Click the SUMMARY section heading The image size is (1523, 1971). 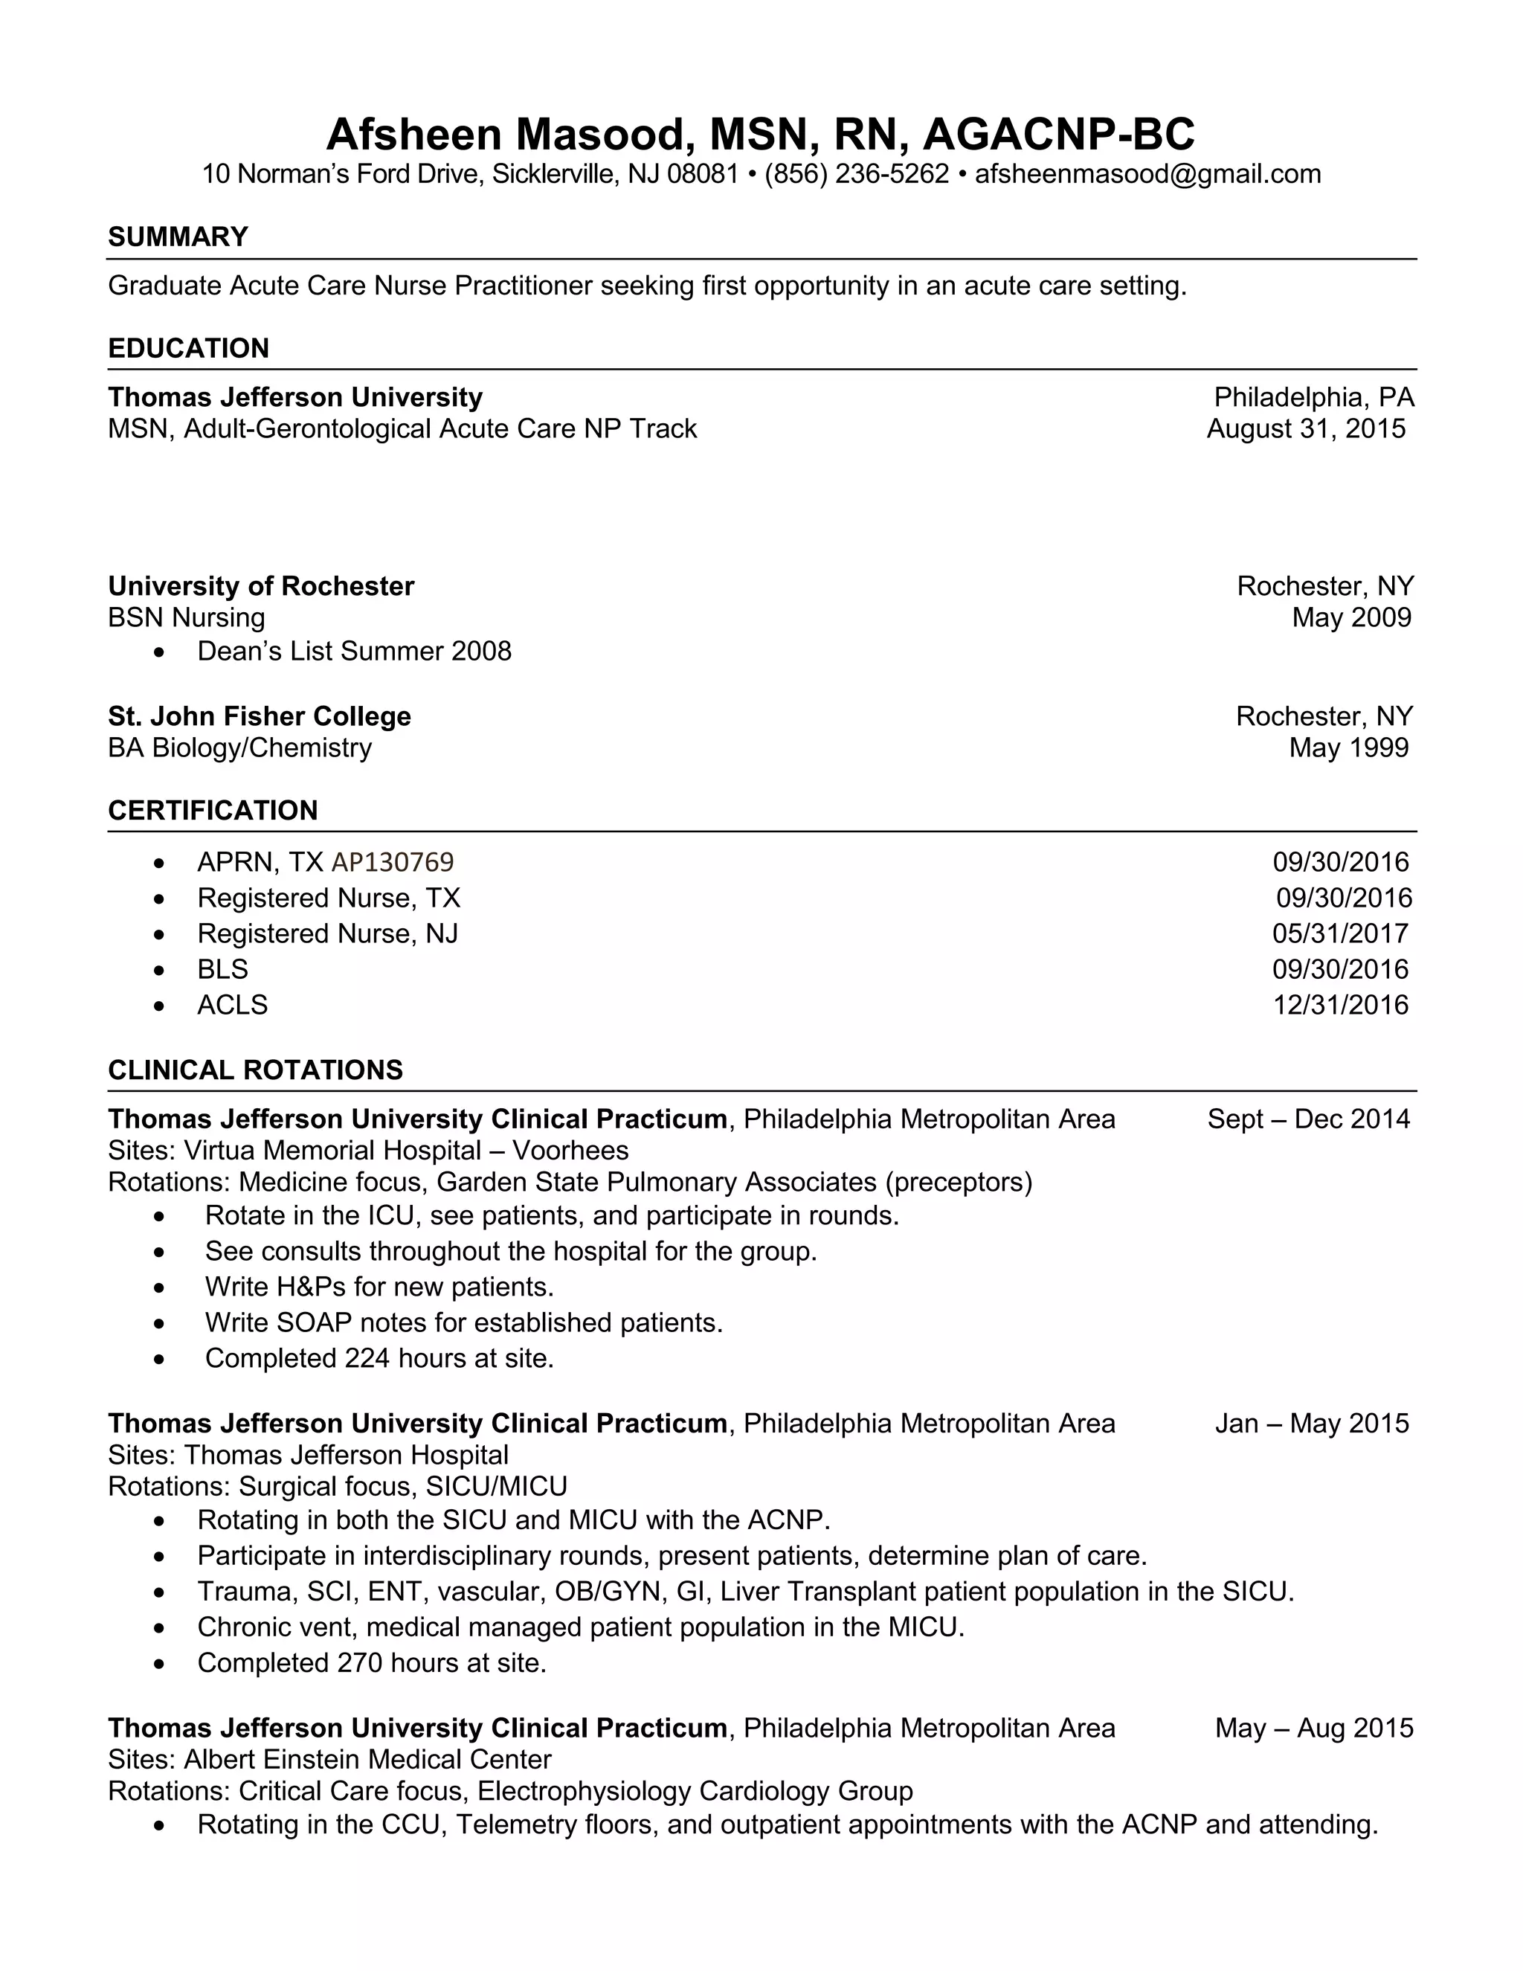[178, 237]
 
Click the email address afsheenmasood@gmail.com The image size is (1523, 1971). [1147, 174]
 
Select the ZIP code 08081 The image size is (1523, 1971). [703, 174]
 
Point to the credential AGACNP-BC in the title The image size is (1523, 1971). [1058, 135]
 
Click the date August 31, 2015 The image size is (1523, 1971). [1306, 428]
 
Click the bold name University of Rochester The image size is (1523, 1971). [261, 587]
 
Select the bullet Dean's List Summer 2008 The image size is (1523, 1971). [354, 652]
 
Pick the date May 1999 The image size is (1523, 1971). [1348, 748]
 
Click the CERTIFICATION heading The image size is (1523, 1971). [213, 811]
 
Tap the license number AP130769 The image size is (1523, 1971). [393, 863]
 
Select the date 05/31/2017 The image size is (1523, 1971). [1340, 934]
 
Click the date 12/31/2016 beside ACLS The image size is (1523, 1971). [1340, 1006]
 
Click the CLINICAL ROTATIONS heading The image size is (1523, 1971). [255, 1070]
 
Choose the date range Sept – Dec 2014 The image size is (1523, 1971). [1308, 1120]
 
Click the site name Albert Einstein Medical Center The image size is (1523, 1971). [367, 1760]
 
